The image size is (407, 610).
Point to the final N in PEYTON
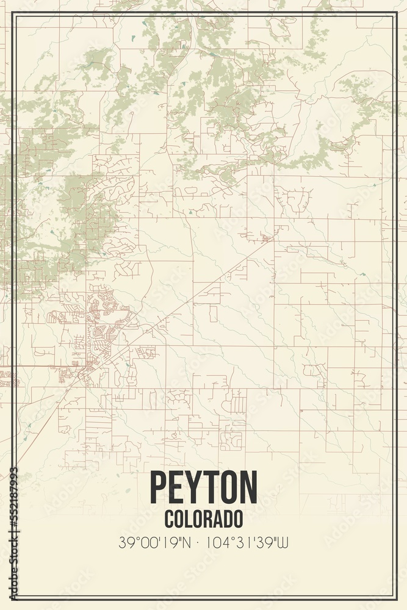click(x=248, y=487)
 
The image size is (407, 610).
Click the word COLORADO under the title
click(x=203, y=518)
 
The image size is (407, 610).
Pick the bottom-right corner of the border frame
click(x=397, y=598)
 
